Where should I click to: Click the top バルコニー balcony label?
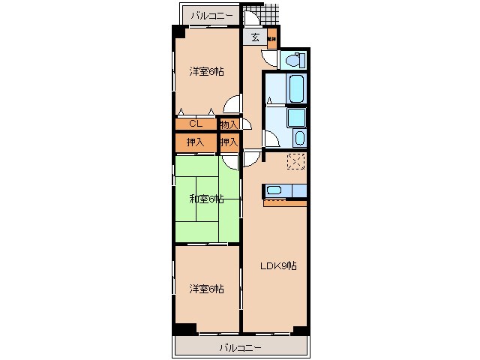pos(211,15)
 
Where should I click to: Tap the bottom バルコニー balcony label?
pos(240,347)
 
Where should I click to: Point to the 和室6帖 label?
pos(206,199)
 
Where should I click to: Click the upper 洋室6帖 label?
pos(206,72)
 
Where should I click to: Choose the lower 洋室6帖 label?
pos(206,289)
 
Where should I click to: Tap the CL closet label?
pos(194,124)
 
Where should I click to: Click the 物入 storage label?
pos(229,124)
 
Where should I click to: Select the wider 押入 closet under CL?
pos(195,142)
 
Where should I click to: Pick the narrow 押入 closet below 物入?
pos(229,142)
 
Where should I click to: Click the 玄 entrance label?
pos(255,37)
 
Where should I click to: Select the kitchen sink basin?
pos(274,190)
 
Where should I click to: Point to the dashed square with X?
pos(295,162)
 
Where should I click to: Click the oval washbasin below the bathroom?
pos(299,138)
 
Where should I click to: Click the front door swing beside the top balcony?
pos(252,18)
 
